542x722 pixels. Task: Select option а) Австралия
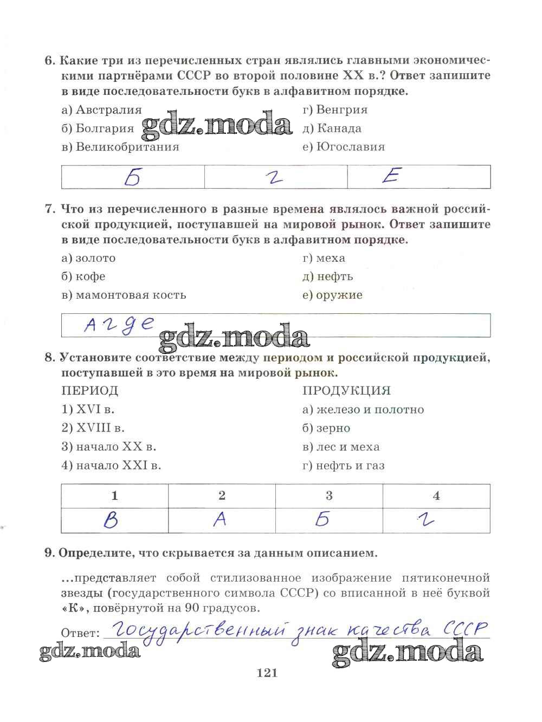(x=102, y=110)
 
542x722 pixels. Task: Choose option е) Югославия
(x=344, y=147)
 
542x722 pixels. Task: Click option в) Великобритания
(x=120, y=147)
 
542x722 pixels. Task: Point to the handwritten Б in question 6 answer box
(x=132, y=177)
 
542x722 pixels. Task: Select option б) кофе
(x=83, y=276)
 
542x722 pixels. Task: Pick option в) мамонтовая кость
(x=124, y=295)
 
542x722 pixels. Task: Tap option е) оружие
(x=332, y=295)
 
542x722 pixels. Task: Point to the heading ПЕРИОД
(x=90, y=391)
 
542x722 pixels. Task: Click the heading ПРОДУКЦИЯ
(x=346, y=391)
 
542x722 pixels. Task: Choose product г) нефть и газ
(x=344, y=465)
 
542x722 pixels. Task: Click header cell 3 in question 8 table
(x=329, y=495)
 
